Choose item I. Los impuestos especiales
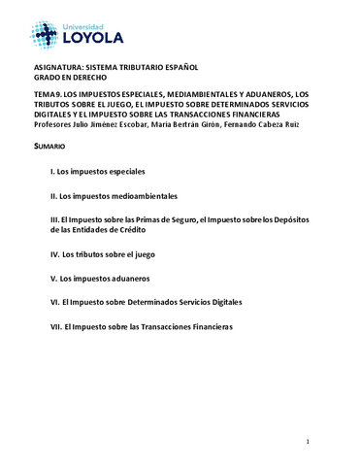pyautogui.click(x=97, y=171)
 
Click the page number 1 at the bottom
pyautogui.click(x=307, y=442)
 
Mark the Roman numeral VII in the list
pyautogui.click(x=55, y=326)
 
